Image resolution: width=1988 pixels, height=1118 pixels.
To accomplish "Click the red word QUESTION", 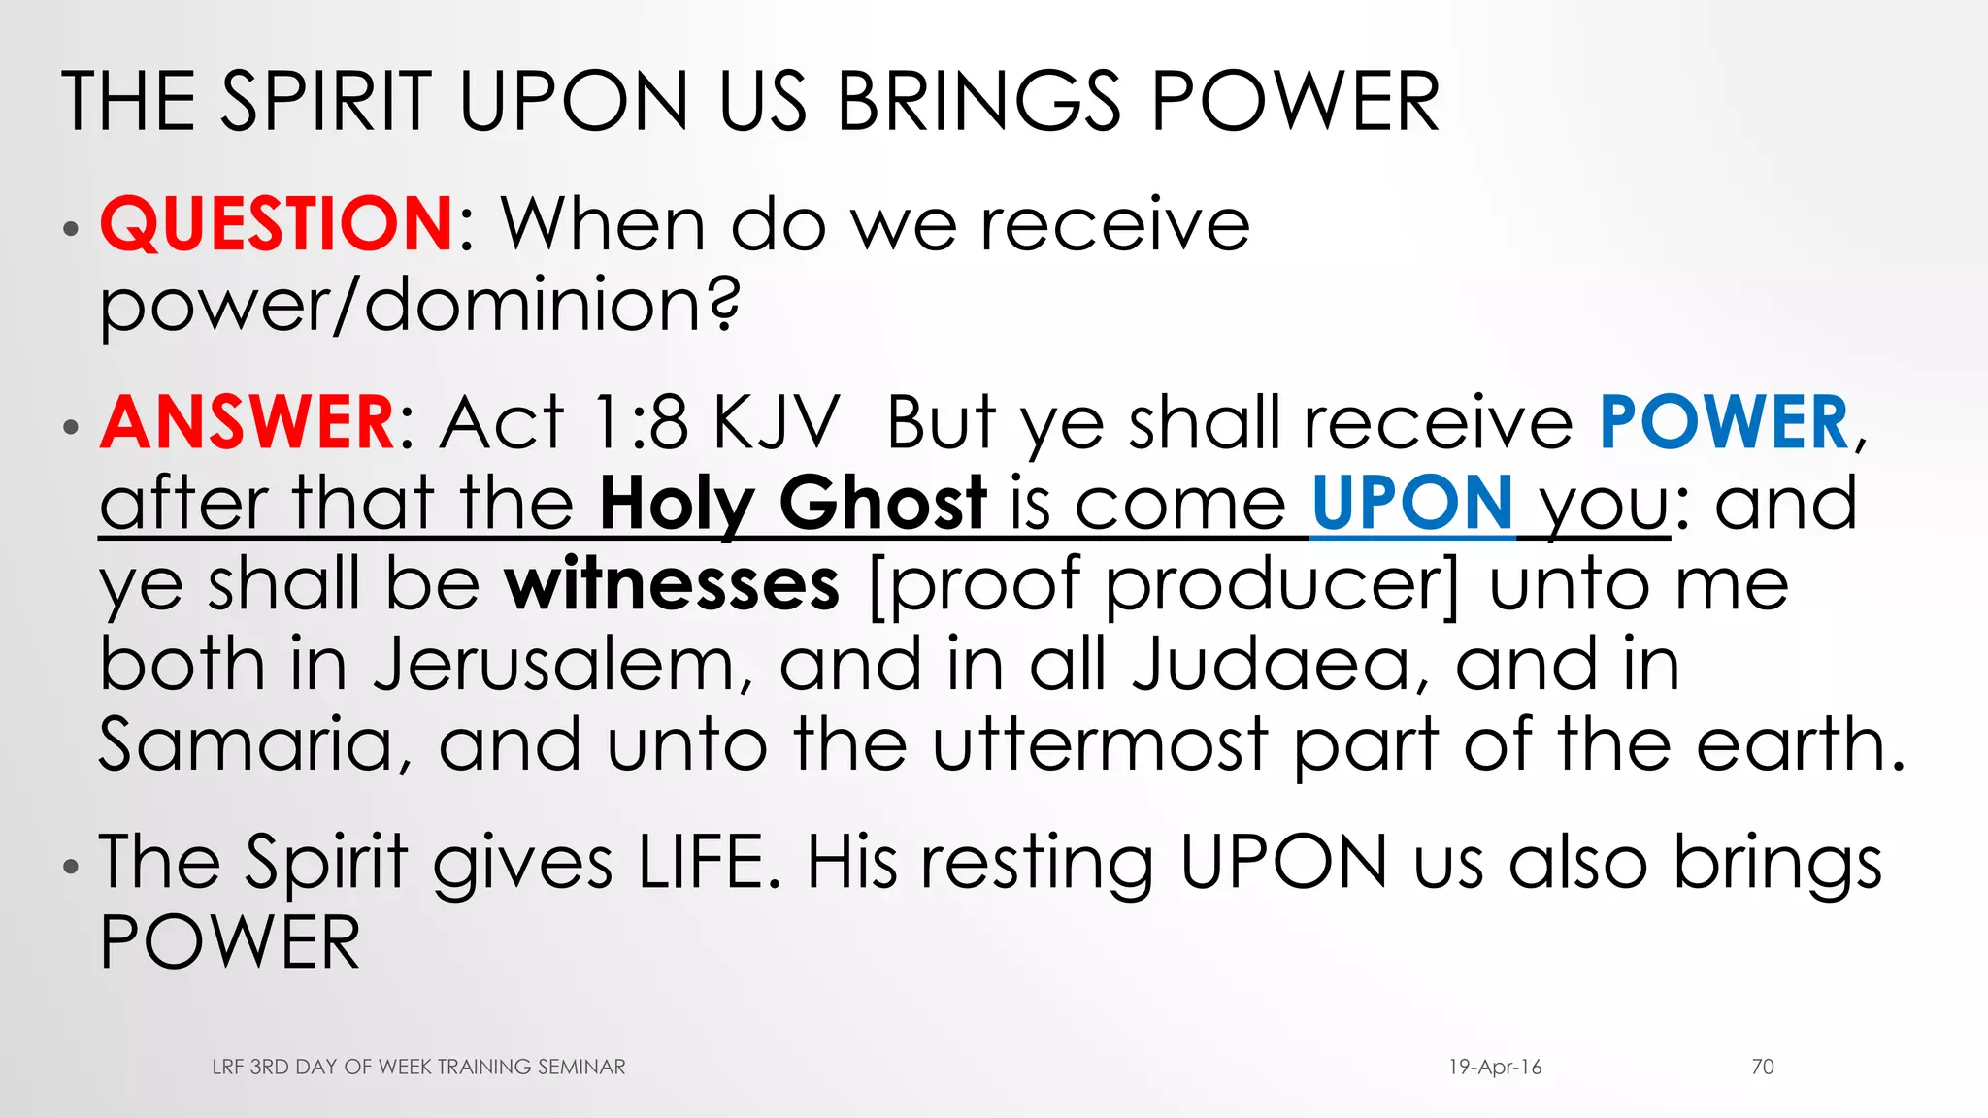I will (x=276, y=224).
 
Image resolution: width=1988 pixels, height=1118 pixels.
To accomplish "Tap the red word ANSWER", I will (x=247, y=423).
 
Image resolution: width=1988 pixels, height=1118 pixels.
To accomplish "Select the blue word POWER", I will (x=1724, y=423).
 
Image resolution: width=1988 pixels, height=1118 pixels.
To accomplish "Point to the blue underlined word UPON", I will (x=1412, y=504).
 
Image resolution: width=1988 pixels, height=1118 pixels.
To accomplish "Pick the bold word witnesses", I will (x=672, y=584).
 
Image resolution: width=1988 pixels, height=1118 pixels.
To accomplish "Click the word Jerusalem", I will (x=563, y=665).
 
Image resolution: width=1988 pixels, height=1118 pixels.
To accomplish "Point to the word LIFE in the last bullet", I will (x=709, y=863).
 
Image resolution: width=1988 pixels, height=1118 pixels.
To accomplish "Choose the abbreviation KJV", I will (x=776, y=423).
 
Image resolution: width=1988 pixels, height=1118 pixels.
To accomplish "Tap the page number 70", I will (x=1763, y=1068).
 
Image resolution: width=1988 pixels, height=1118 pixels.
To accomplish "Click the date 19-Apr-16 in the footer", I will (x=1495, y=1068).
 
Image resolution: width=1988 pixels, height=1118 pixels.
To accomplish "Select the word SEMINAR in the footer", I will (x=581, y=1068).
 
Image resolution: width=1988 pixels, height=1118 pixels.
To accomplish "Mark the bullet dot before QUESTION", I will (x=70, y=230).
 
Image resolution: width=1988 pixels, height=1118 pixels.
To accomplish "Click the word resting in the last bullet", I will (x=1038, y=863).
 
